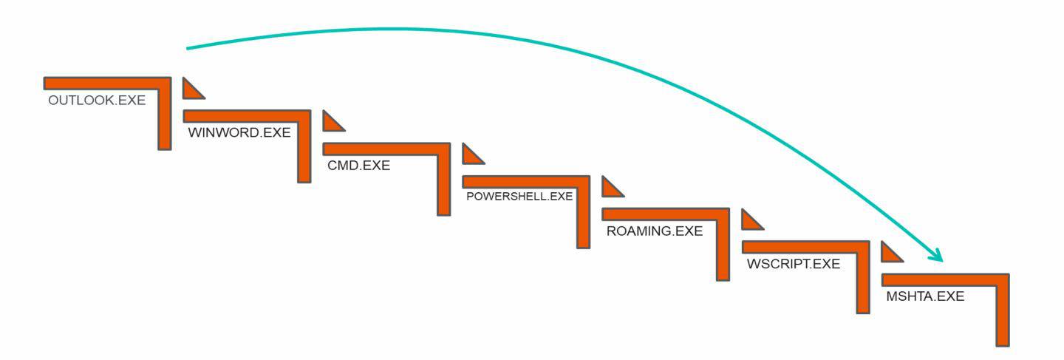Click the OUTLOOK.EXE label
tap(97, 101)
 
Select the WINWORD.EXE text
tap(239, 133)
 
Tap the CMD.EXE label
tap(358, 166)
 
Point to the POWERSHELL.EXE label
tap(519, 197)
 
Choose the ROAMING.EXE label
tap(654, 231)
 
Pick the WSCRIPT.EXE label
tap(793, 264)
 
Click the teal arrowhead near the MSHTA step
tap(936, 254)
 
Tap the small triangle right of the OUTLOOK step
tap(191, 90)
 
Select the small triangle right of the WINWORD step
tap(331, 123)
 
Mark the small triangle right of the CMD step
tap(470, 156)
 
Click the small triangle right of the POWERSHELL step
tap(610, 189)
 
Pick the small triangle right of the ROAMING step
tap(749, 221)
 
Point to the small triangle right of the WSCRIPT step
tap(889, 254)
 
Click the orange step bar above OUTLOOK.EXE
tap(103, 82)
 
